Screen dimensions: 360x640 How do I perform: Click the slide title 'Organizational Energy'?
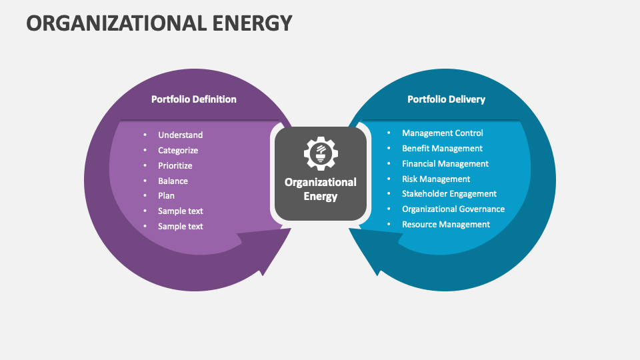(159, 23)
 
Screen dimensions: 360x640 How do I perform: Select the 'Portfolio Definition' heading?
(193, 99)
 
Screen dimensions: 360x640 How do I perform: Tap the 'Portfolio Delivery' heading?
(446, 99)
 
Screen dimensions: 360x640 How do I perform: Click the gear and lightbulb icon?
(321, 153)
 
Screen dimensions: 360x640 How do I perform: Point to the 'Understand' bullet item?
(180, 135)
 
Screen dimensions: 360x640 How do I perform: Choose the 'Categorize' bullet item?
(178, 151)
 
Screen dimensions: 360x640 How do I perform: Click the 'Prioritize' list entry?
(175, 165)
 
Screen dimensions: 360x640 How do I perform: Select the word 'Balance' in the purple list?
(173, 181)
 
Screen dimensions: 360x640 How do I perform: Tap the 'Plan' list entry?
(166, 196)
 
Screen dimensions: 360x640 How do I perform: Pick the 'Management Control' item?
(442, 133)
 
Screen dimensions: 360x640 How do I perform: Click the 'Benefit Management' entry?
(442, 149)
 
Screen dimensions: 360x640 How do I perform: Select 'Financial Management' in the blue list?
(445, 164)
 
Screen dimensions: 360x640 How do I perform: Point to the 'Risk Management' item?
(436, 179)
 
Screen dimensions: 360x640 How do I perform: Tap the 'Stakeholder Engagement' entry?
(449, 194)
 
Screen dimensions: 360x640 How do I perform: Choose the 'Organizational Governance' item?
(453, 209)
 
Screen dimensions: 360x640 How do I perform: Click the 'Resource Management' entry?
(445, 225)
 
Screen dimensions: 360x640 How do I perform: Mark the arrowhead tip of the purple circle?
(265, 274)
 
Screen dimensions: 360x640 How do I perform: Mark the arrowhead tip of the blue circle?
(377, 274)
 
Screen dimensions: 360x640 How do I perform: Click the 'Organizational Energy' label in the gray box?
(321, 189)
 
